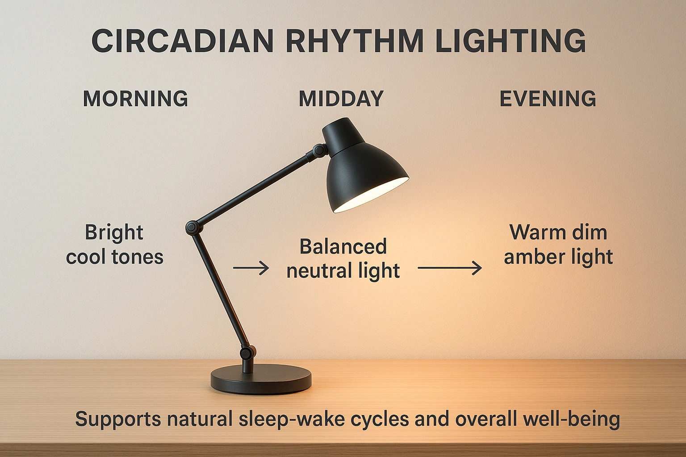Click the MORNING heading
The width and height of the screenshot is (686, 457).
pyautogui.click(x=136, y=99)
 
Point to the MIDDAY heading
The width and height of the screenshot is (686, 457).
pyautogui.click(x=341, y=99)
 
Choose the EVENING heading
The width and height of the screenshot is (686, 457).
pyautogui.click(x=548, y=99)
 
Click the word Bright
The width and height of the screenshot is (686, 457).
pyautogui.click(x=114, y=233)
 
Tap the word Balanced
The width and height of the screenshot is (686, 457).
pyautogui.click(x=343, y=247)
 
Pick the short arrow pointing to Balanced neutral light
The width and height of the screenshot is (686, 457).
pyautogui.click(x=251, y=268)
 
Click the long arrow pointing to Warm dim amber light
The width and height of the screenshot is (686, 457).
pyautogui.click(x=450, y=268)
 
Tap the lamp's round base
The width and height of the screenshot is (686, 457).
pyautogui.click(x=261, y=380)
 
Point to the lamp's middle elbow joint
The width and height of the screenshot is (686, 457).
pyautogui.click(x=192, y=227)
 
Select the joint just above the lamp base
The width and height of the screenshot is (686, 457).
pyautogui.click(x=245, y=353)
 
